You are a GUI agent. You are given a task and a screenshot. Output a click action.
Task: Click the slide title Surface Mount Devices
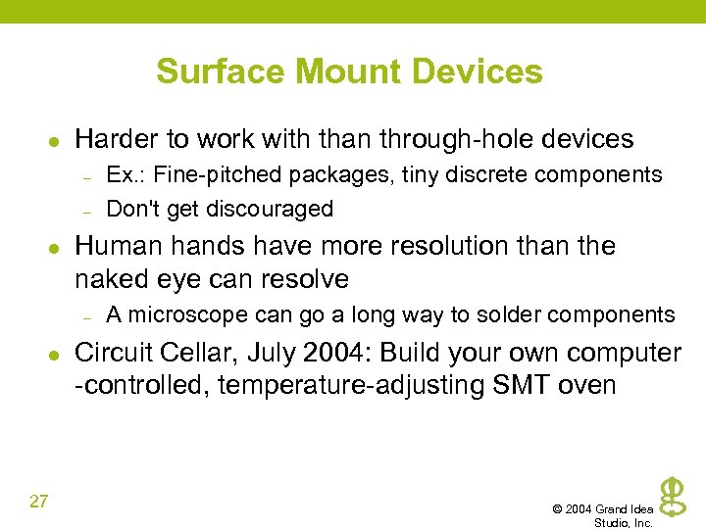point(349,72)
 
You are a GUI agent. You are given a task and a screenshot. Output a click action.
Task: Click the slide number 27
point(39,503)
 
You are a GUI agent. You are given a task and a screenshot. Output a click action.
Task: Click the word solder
point(507,314)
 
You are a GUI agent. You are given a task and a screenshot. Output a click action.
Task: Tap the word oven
point(586,385)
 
